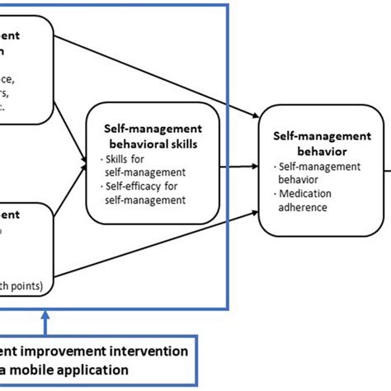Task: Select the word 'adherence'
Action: click(301, 208)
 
